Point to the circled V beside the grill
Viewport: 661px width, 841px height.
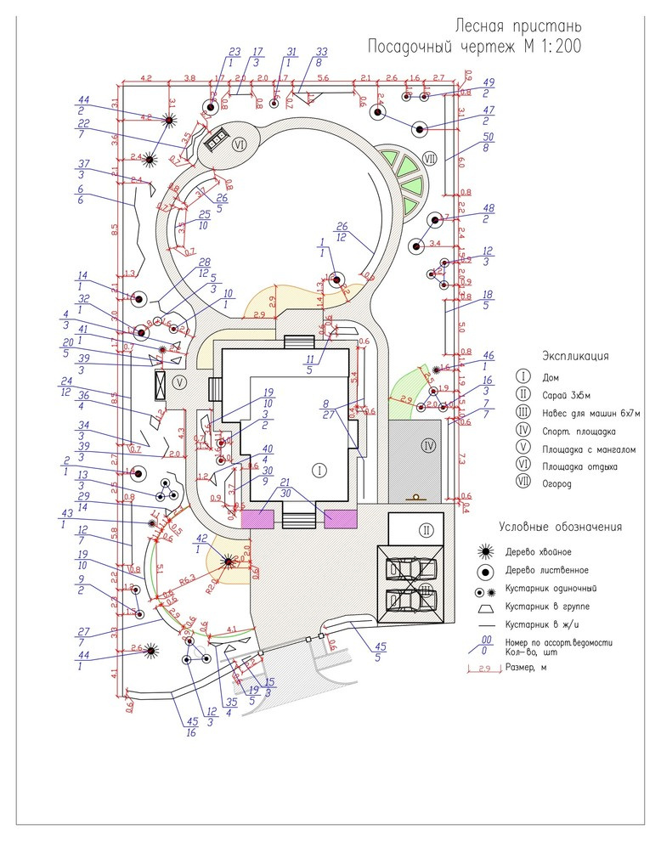(179, 383)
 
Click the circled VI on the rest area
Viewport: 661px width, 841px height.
(240, 145)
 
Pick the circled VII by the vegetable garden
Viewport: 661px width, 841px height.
(429, 158)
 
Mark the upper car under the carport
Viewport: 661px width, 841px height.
(411, 568)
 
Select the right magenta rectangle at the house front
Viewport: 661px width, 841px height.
(341, 519)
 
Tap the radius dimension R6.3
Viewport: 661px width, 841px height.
(189, 579)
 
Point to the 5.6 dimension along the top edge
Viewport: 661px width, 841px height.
(323, 78)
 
